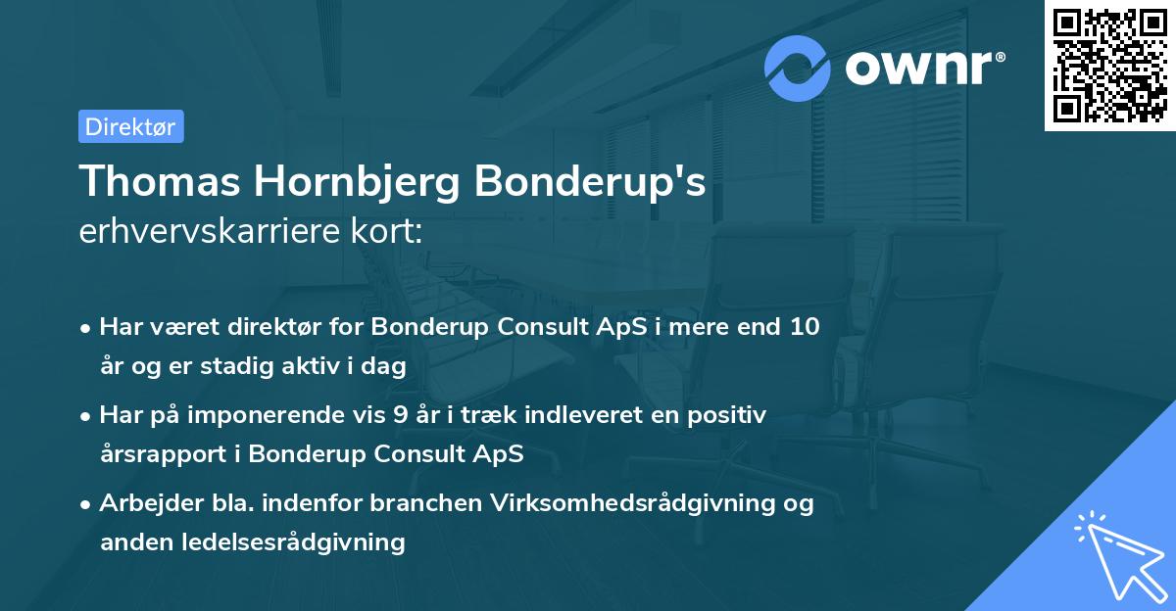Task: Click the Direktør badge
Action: pyautogui.click(x=130, y=126)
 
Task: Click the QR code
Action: pyautogui.click(x=1109, y=66)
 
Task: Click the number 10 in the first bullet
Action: pyautogui.click(x=805, y=327)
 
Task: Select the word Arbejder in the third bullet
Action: pyautogui.click(x=143, y=503)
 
